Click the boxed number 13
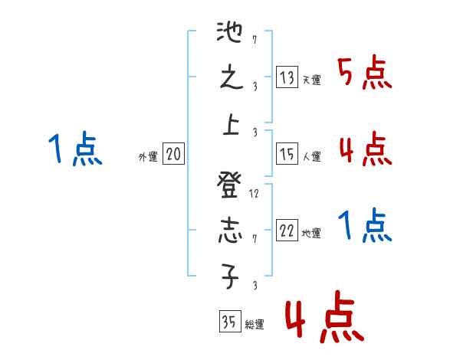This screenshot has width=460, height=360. click(x=287, y=77)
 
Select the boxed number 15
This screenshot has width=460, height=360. click(x=287, y=154)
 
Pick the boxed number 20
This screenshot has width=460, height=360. click(x=173, y=155)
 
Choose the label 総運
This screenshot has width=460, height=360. click(x=255, y=325)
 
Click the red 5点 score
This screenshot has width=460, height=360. click(x=365, y=75)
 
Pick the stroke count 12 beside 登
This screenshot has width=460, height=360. click(x=255, y=194)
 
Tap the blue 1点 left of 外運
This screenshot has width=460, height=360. click(x=75, y=149)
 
